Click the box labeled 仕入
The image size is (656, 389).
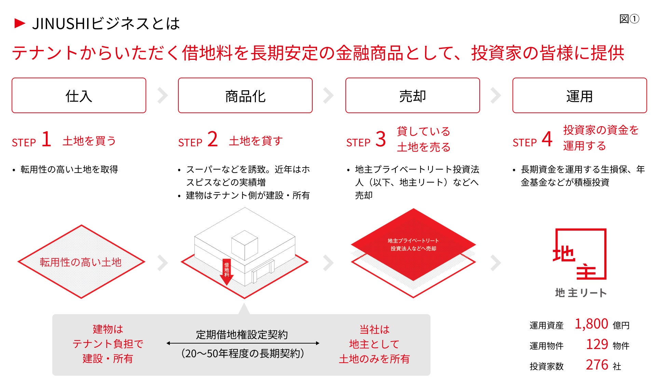coord(79,96)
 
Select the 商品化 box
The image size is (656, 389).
coord(245,96)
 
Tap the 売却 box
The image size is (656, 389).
coord(412,96)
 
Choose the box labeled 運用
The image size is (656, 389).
coord(579,96)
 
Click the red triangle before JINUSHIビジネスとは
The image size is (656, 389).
coord(20,23)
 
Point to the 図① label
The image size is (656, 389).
coord(629,19)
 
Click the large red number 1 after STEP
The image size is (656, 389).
coord(46,139)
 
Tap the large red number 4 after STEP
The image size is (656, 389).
coord(547,139)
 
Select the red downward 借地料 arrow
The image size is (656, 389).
coord(227,272)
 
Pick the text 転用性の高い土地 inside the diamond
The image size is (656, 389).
coord(81,262)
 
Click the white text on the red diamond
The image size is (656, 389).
coord(413,245)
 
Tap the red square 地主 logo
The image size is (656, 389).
coord(580,254)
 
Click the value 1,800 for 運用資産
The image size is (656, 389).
coord(591,324)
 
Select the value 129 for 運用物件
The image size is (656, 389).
coord(597,345)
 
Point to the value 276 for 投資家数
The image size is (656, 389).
coord(597,365)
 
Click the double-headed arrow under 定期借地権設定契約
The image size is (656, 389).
coord(243,343)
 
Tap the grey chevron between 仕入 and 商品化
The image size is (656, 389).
coord(163,95)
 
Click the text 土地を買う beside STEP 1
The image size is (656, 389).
coord(89,141)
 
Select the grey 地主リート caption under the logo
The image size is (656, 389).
coord(580,293)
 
